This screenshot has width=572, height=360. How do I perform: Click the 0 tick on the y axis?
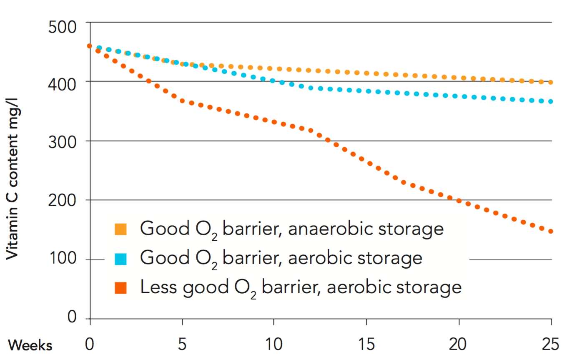73,319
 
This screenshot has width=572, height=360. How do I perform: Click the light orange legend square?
121,229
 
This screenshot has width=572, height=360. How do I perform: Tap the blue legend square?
121,259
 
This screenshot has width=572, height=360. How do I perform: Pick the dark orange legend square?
121,287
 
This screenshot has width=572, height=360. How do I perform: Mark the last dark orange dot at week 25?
550,232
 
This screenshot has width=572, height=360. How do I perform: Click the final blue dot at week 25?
550,101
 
